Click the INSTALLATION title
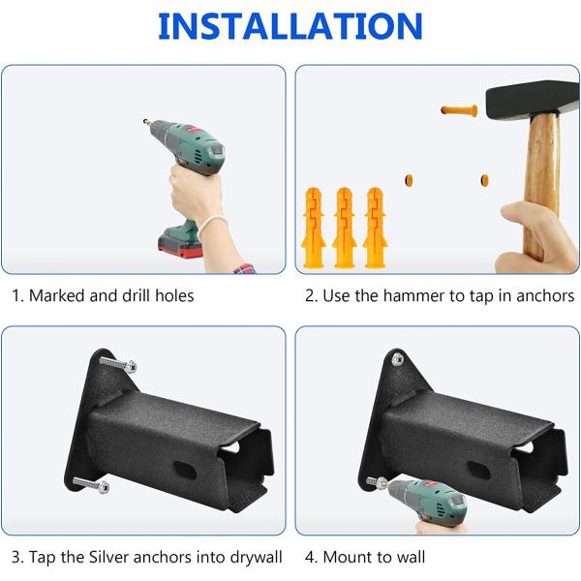pyautogui.click(x=290, y=26)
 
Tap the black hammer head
pyautogui.click(x=533, y=100)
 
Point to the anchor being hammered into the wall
pyautogui.click(x=459, y=110)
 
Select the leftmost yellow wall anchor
pyautogui.click(x=314, y=228)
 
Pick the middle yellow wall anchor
pyautogui.click(x=344, y=228)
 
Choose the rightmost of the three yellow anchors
pyautogui.click(x=375, y=228)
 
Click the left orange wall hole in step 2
pyautogui.click(x=409, y=180)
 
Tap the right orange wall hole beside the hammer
pyautogui.click(x=485, y=180)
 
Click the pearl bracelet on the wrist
pyautogui.click(x=211, y=225)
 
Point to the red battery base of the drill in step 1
pyautogui.click(x=180, y=246)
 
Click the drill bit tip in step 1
pyautogui.click(x=145, y=121)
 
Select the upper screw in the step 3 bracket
pyautogui.click(x=118, y=364)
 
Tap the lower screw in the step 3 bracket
pyautogui.click(x=91, y=485)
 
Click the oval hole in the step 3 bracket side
pyautogui.click(x=185, y=470)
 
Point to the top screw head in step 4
pyautogui.click(x=397, y=358)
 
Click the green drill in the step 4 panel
pyautogui.click(x=426, y=502)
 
